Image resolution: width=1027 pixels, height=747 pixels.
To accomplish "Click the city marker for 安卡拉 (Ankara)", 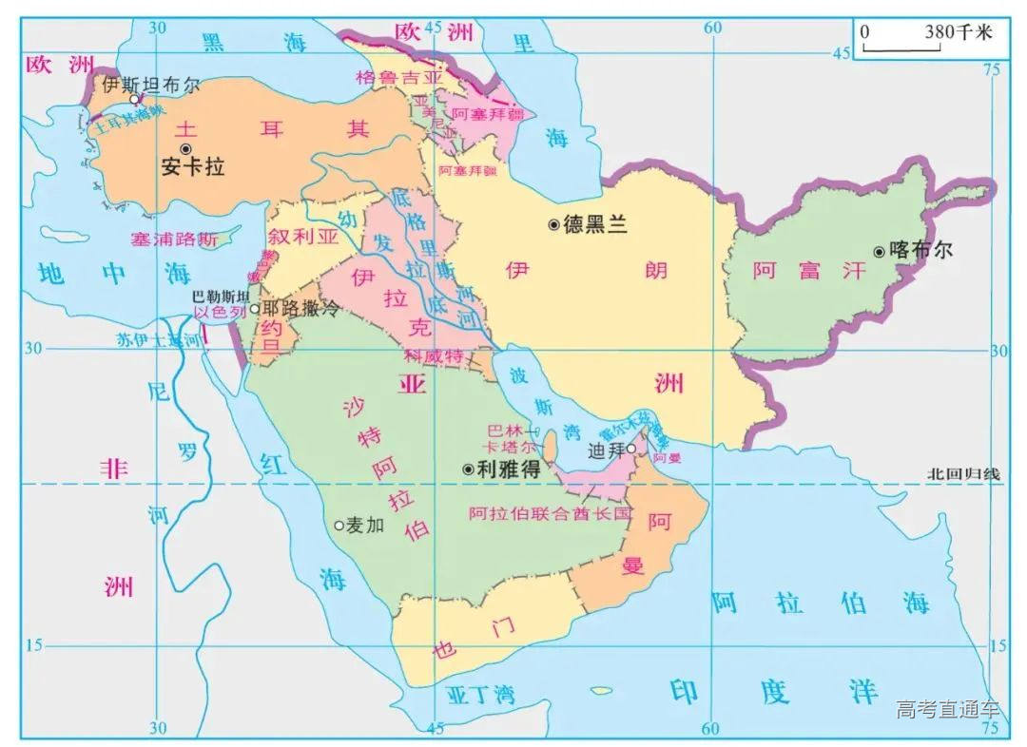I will click(x=186, y=148).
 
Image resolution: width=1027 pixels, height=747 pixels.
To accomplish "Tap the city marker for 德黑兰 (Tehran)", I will click(x=553, y=224).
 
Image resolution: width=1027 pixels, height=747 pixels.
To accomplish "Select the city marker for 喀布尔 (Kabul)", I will click(x=879, y=251).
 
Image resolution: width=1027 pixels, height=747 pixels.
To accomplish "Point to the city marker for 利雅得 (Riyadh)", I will click(x=468, y=469).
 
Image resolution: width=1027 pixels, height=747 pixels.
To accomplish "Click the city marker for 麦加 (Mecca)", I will click(x=339, y=525).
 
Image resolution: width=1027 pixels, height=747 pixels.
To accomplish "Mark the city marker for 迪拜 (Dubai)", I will click(x=630, y=449).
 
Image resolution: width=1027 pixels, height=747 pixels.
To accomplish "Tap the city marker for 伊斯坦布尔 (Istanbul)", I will click(x=135, y=98).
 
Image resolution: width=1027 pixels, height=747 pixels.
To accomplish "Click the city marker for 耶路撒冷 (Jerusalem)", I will click(x=254, y=308).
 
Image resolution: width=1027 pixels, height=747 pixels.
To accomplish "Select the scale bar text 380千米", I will click(x=958, y=32).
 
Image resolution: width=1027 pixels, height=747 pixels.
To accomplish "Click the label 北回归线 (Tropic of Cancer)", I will click(x=964, y=473).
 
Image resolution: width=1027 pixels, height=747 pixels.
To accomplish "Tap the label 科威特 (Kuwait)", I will click(x=433, y=357).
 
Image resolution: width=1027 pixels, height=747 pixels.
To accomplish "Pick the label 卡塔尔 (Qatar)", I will click(x=510, y=447).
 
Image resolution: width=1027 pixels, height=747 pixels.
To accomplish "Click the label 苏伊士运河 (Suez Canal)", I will click(x=160, y=337).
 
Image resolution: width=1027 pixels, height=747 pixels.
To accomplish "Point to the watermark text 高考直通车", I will click(x=947, y=709).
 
